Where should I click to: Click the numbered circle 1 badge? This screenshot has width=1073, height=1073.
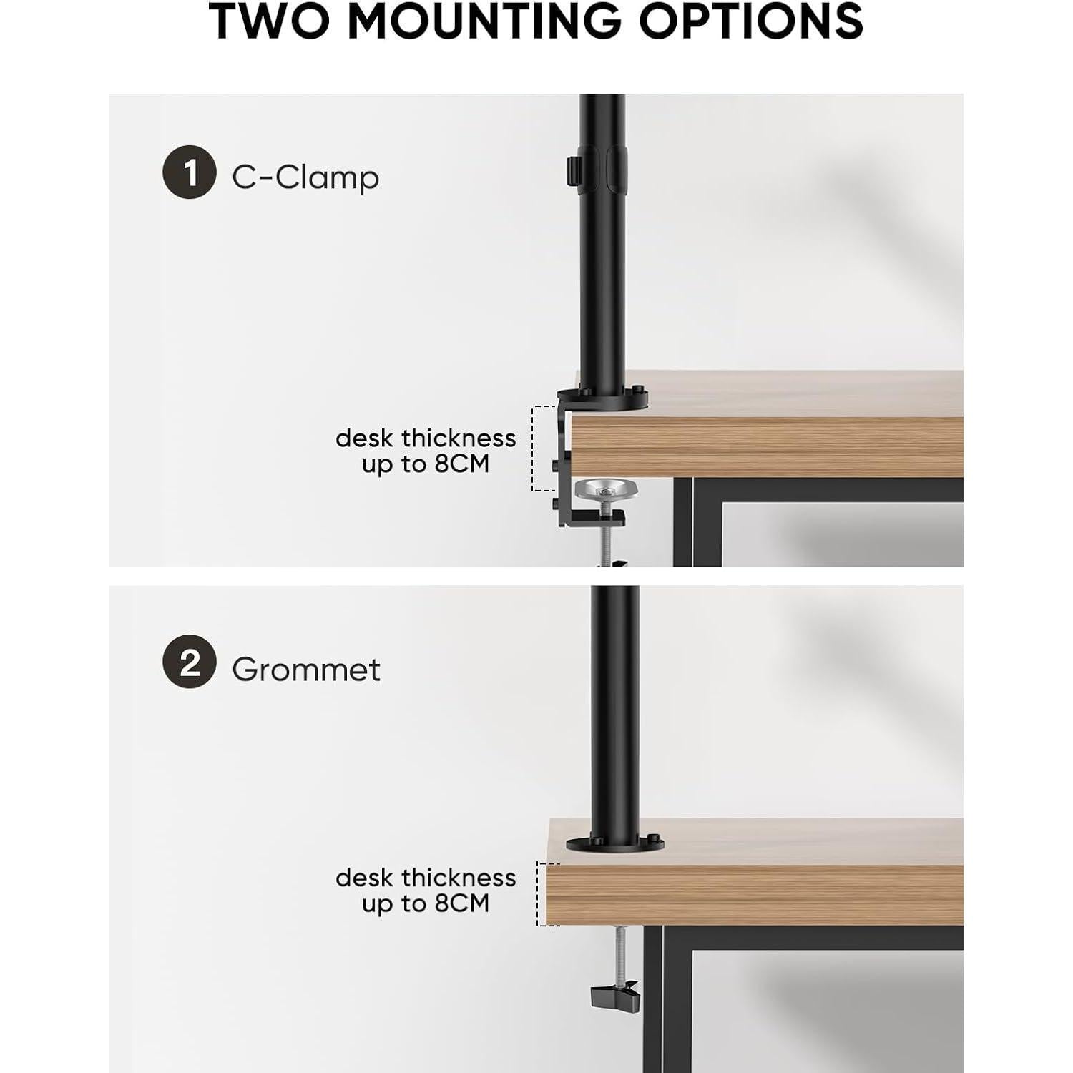click(x=189, y=172)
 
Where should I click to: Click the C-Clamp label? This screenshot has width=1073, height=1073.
click(x=305, y=177)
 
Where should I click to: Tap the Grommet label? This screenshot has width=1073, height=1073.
click(x=306, y=670)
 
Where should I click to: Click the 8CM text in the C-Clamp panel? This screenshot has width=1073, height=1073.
click(x=462, y=464)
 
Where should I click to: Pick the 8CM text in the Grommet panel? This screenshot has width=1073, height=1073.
click(x=462, y=903)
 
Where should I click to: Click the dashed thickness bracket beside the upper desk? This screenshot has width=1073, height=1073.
click(x=532, y=448)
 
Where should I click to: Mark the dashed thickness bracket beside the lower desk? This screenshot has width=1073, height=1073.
click(x=538, y=894)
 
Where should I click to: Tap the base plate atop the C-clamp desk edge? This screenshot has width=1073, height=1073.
click(x=603, y=398)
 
